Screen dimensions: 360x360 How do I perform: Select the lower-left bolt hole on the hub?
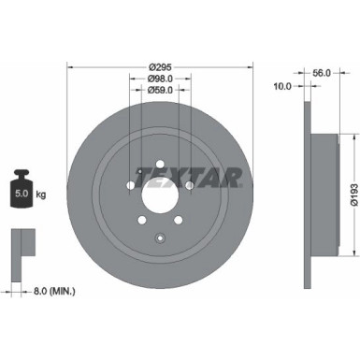[x=142, y=219]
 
